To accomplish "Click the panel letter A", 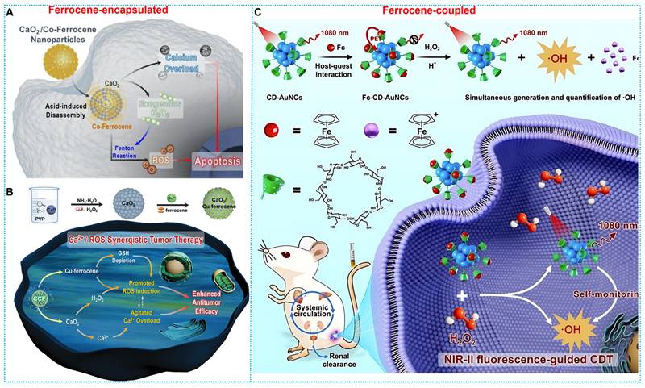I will tap(10, 12).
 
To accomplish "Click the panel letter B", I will tap(10, 193).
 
